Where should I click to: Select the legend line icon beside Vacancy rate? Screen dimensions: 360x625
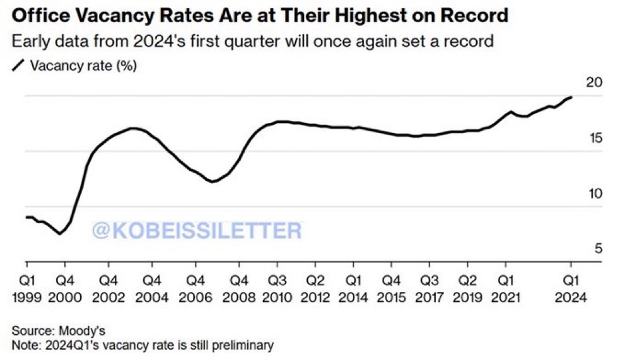(19, 64)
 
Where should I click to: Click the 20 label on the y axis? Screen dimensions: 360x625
(594, 83)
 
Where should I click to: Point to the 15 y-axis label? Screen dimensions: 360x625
(594, 138)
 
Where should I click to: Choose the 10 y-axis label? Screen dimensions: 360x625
(594, 194)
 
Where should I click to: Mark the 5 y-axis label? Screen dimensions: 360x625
(598, 249)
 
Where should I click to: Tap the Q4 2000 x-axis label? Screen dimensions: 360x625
(65, 287)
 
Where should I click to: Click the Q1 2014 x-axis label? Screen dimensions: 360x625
(354, 287)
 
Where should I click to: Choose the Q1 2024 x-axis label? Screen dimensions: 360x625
(571, 287)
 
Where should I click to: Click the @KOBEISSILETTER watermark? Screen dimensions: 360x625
(197, 231)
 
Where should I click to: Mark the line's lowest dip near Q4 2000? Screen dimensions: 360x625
(60, 234)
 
